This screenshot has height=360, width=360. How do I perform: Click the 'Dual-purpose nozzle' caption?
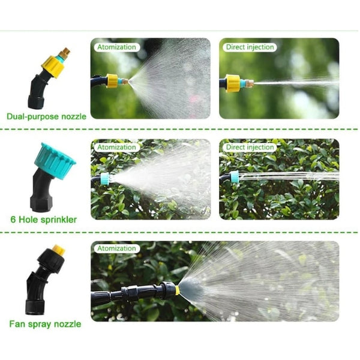click(x=47, y=116)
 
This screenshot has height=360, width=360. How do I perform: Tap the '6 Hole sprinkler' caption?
click(x=43, y=220)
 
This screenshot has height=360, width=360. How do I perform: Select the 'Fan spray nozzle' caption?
click(x=45, y=324)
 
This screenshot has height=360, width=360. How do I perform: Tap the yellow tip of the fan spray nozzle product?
click(x=58, y=248)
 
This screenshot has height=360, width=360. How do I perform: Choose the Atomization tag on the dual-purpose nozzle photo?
click(x=116, y=47)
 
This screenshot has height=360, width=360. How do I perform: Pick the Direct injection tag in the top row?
click(x=250, y=47)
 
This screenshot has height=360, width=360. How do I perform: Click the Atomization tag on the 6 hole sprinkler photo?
click(x=116, y=146)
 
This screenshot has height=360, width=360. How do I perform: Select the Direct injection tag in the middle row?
click(x=250, y=146)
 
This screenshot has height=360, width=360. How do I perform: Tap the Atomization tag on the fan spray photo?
click(x=116, y=248)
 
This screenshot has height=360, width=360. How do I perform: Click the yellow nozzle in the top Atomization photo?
click(x=112, y=80)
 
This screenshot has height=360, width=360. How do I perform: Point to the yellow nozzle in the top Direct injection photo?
click(x=233, y=83)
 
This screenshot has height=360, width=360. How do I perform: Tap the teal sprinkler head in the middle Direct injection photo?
click(x=233, y=176)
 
